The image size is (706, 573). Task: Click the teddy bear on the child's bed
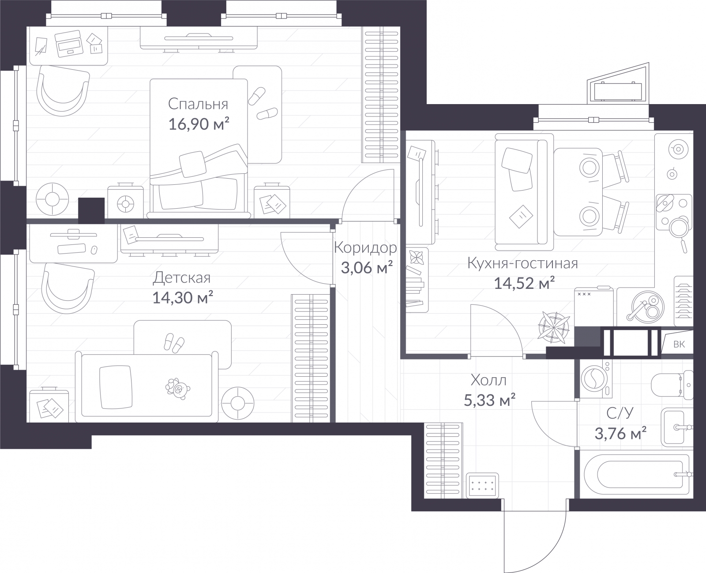(x=177, y=389)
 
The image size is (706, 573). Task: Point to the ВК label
(x=679, y=345)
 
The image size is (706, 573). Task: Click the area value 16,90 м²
(x=199, y=124)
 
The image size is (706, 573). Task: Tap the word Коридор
(x=366, y=248)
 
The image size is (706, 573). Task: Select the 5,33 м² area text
(x=489, y=401)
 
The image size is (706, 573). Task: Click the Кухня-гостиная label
(x=523, y=263)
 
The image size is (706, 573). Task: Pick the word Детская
(x=182, y=278)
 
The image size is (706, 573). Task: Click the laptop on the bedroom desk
(x=68, y=44)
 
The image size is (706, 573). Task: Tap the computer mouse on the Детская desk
(x=94, y=250)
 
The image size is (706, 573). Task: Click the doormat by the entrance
(x=482, y=486)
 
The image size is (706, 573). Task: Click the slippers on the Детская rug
(x=174, y=343)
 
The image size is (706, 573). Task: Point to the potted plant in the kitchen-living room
(x=553, y=328)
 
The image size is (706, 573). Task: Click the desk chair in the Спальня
(x=63, y=91)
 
